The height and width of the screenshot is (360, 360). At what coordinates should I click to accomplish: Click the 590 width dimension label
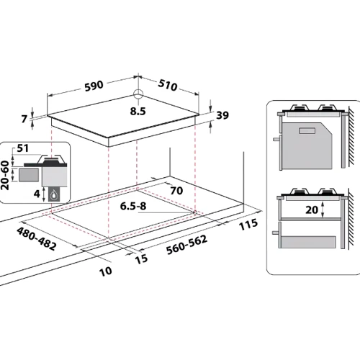coord(94,86)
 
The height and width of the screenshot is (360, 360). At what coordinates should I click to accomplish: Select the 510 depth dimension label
coord(168,85)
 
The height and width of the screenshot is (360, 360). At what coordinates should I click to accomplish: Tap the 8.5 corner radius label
coord(138,111)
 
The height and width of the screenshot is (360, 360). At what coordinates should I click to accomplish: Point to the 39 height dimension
coord(222,115)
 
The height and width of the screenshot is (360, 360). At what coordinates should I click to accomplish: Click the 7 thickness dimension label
coord(24,119)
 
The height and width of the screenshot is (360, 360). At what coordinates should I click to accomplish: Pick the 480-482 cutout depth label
coord(37,239)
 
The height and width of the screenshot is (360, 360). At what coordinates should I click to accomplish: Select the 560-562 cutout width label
coord(186,245)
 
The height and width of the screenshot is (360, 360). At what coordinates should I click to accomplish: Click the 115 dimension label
coord(248,225)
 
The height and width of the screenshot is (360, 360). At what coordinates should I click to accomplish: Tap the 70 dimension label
coord(176,191)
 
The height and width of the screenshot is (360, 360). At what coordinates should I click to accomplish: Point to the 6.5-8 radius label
coord(133,206)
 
